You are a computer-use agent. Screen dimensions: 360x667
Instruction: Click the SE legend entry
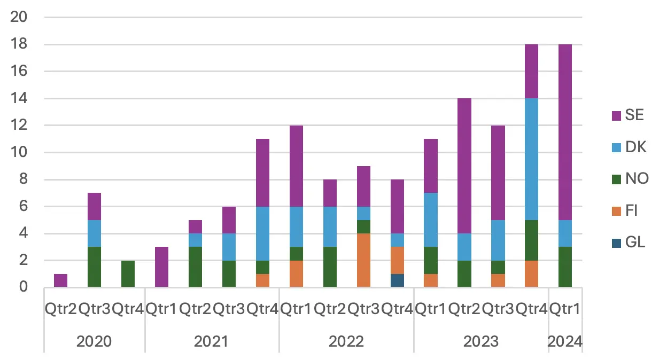[x=628, y=115]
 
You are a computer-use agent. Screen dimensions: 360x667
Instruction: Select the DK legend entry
[x=628, y=147]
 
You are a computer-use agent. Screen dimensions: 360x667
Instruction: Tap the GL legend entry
[x=628, y=242]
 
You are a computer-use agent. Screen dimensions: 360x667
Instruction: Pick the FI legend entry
[x=628, y=210]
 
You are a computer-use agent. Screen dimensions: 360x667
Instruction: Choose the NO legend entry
[x=628, y=178]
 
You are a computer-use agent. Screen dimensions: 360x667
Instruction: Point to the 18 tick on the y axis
[x=19, y=44]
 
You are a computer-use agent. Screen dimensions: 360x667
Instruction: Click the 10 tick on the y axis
[x=19, y=153]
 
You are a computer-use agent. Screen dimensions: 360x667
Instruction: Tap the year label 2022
[x=346, y=341]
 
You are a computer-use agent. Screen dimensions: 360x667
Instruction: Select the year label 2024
[x=565, y=341]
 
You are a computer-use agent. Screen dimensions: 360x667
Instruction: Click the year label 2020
[x=94, y=341]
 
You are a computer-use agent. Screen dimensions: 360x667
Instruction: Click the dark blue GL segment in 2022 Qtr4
[x=397, y=281]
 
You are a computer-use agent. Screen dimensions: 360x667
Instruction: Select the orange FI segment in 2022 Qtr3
[x=363, y=261]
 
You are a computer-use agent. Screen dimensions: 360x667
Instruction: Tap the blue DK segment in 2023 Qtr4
[x=531, y=159]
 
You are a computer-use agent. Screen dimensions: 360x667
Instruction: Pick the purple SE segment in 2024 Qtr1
[x=565, y=132]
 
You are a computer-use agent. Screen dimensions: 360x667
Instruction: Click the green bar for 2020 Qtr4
[x=128, y=274]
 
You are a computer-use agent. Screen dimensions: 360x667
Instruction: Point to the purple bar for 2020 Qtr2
[x=60, y=281]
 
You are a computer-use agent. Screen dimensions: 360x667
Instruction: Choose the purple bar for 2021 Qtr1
[x=161, y=267]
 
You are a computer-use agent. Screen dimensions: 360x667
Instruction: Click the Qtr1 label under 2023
[x=430, y=309]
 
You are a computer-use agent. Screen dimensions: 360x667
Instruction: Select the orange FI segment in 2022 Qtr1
[x=296, y=274]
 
